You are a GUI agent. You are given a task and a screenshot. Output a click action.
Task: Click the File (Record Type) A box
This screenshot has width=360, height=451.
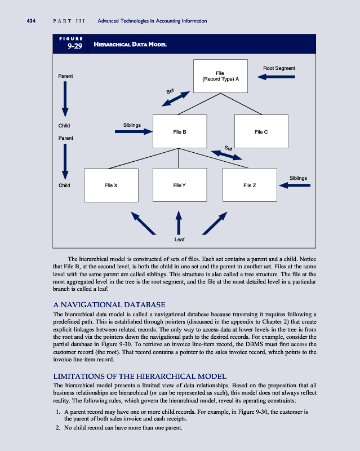pyautogui.click(x=220, y=76)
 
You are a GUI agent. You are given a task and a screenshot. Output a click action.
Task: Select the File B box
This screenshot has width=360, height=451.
pyautogui.click(x=180, y=131)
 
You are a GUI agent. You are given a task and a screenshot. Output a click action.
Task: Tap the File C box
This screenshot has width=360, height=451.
pyautogui.click(x=261, y=131)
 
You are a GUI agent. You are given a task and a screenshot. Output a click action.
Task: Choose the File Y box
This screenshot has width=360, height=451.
pyautogui.click(x=180, y=185)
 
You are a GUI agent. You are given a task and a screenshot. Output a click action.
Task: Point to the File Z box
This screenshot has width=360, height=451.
pyautogui.click(x=250, y=185)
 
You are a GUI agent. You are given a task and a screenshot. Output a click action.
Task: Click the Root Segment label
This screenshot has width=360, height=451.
pyautogui.click(x=279, y=68)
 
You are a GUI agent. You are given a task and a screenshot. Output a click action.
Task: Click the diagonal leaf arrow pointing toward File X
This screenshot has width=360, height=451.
pyautogui.click(x=143, y=222)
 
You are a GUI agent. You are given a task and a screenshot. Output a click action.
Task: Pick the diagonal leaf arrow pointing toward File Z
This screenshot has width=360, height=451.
pyautogui.click(x=214, y=222)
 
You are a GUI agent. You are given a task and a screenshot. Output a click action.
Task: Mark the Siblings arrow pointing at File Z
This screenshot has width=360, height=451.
pyautogui.click(x=295, y=185)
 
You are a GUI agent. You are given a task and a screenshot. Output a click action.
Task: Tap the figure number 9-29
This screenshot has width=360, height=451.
pyautogui.click(x=75, y=47)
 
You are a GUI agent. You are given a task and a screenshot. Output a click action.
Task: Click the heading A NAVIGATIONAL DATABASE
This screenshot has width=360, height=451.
pyautogui.click(x=109, y=304)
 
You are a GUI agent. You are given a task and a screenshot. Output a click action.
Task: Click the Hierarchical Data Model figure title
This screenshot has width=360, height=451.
pyautogui.click(x=130, y=45)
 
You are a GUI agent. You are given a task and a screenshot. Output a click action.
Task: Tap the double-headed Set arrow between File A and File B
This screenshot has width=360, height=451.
pyautogui.click(x=176, y=99)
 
